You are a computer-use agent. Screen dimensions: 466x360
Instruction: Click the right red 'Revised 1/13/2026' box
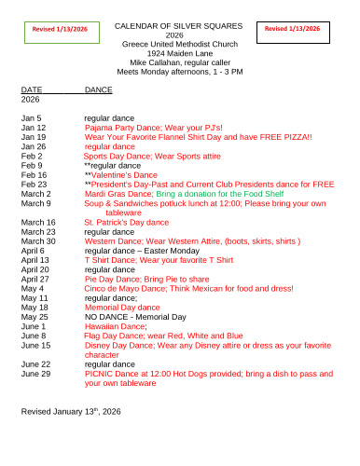(x=291, y=30)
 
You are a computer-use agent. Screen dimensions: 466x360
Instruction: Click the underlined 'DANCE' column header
(x=98, y=89)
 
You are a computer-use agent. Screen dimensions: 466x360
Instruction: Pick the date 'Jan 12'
(x=34, y=128)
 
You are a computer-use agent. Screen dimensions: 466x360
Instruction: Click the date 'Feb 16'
(x=34, y=174)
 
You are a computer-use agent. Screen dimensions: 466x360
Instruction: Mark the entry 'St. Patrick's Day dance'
(x=127, y=223)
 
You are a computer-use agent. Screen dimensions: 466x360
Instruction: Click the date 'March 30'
(x=37, y=241)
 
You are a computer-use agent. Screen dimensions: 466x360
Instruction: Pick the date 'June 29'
(x=35, y=373)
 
